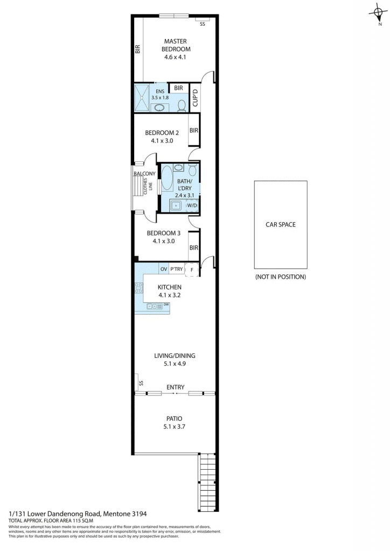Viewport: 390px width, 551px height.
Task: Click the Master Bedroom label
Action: point(176,45)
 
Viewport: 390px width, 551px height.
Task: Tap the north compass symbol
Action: point(378,13)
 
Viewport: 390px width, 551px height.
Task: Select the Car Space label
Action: point(280,224)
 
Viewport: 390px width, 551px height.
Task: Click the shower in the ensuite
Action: point(142,98)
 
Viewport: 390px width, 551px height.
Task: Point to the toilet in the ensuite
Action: point(182,106)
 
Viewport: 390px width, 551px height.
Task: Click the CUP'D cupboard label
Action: point(195,98)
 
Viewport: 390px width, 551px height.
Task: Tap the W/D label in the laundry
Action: point(192,205)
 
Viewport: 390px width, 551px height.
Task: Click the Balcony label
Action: point(144,174)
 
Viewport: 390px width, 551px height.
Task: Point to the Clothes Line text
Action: point(148,186)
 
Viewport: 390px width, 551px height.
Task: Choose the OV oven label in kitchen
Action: point(164,269)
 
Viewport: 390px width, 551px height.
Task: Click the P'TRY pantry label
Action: point(177,269)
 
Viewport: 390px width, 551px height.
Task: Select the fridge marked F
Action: point(192,270)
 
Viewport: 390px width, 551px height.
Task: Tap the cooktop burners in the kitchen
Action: point(139,288)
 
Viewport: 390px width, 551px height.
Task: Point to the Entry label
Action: point(175,387)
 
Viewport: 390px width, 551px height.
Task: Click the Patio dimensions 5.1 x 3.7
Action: point(175,427)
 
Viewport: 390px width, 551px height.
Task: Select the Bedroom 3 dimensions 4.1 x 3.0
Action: point(164,241)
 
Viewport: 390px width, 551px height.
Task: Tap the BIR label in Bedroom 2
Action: point(194,130)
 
